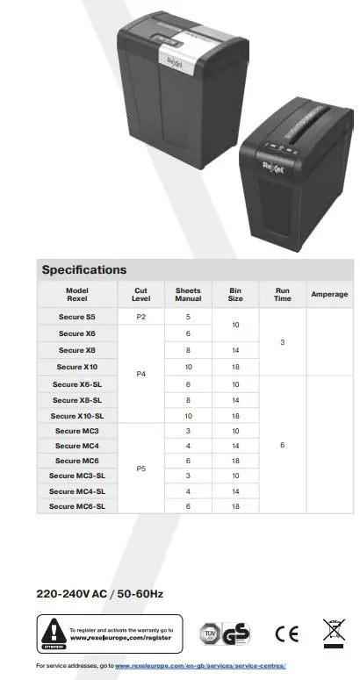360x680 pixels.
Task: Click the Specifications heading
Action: point(84,269)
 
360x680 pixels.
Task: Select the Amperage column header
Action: point(329,295)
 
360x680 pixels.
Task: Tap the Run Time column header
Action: point(282,295)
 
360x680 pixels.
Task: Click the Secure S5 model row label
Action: point(77,317)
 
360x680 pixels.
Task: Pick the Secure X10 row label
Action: point(77,367)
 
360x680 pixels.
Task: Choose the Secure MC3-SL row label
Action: point(77,476)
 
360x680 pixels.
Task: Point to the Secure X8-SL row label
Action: point(77,400)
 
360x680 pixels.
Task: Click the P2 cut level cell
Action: point(140,317)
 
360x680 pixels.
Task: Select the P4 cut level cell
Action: point(140,375)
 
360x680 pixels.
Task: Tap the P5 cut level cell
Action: point(140,469)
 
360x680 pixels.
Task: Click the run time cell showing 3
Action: point(282,342)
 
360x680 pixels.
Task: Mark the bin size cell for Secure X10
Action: point(234,367)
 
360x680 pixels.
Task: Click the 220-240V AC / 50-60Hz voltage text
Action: point(99,594)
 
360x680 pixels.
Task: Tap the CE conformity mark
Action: point(287,633)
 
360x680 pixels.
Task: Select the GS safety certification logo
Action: point(236,633)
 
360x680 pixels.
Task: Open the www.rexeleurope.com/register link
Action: point(121,638)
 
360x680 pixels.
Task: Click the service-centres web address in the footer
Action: point(200,667)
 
